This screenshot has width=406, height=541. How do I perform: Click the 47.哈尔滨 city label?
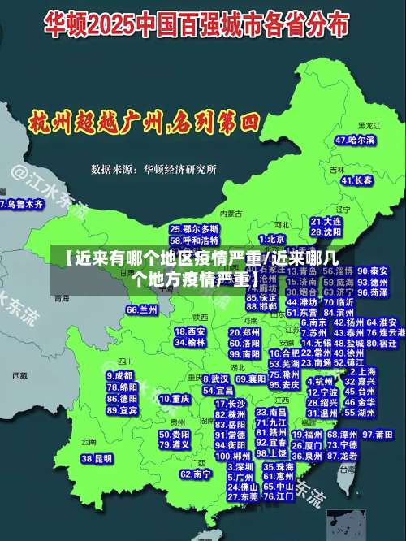356,141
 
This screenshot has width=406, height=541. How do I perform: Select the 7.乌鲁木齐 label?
22,205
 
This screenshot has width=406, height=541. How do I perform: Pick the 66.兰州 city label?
142,309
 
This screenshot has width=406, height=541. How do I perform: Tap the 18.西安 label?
190,331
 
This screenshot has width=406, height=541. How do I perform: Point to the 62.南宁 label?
196,474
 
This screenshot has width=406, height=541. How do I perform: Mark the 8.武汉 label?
216,379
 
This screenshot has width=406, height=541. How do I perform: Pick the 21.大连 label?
326,221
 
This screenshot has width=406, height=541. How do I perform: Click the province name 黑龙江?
369,126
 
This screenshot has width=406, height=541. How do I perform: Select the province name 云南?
89,441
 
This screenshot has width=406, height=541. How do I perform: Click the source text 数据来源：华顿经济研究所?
153,169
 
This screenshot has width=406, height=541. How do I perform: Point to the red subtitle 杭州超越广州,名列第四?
143,123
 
